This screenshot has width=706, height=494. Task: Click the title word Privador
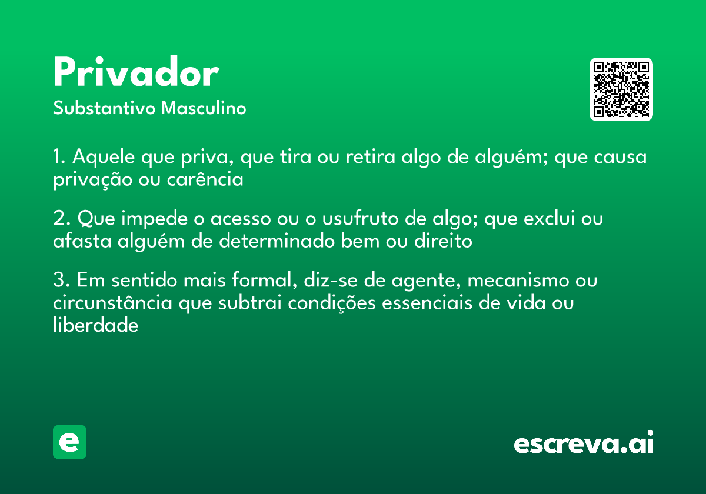click(x=136, y=74)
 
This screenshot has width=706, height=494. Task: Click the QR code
click(x=621, y=89)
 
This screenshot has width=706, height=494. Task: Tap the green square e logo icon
click(x=69, y=442)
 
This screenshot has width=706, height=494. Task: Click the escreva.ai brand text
click(x=584, y=443)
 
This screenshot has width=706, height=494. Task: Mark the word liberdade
click(x=95, y=325)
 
